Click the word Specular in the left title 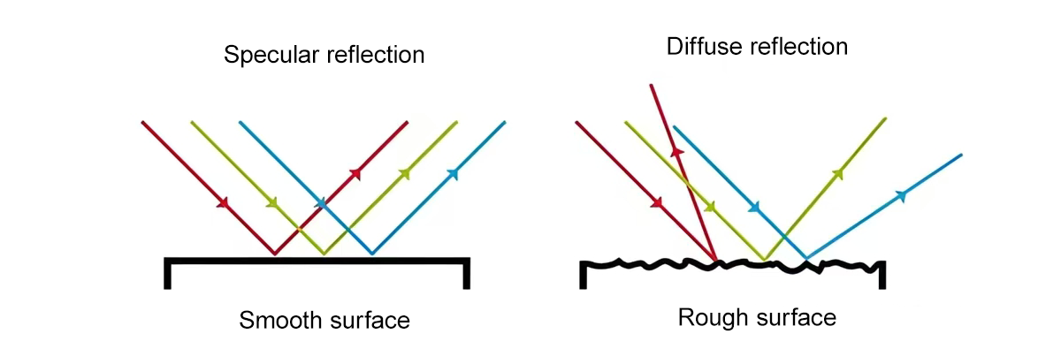coord(264,56)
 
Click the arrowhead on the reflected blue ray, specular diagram coord(454,172)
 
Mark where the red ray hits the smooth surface coord(275,254)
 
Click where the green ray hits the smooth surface coord(324,254)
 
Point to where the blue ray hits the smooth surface coord(372,254)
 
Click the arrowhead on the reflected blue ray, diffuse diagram coord(901,194)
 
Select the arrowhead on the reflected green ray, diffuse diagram coord(837,173)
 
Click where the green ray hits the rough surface coord(765,260)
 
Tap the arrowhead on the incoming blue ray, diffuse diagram coord(754,209)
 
